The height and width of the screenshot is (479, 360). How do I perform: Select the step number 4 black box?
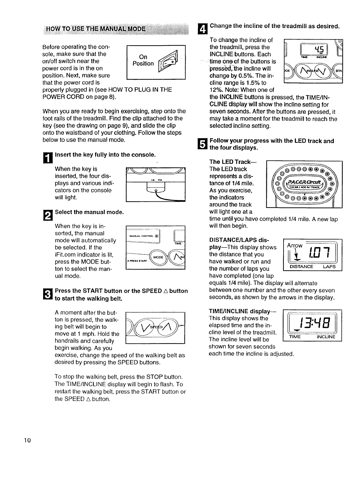[x=202, y=29]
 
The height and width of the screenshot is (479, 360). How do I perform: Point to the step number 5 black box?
[x=202, y=144]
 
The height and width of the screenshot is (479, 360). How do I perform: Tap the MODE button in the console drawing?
[x=158, y=257]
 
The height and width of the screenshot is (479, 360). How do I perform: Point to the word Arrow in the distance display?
[x=295, y=245]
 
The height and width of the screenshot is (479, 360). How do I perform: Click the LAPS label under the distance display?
[x=329, y=267]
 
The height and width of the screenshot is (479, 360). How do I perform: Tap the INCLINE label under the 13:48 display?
[x=326, y=337]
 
